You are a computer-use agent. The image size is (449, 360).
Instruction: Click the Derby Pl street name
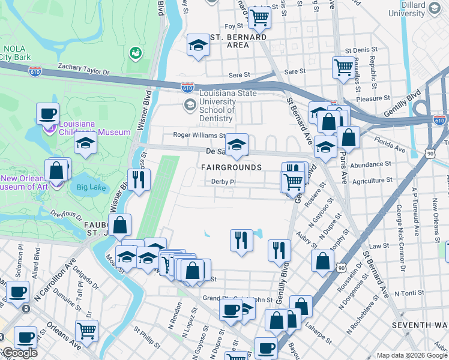pyautogui.click(x=222, y=182)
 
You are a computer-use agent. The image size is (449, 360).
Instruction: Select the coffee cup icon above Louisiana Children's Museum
pyautogui.click(x=47, y=113)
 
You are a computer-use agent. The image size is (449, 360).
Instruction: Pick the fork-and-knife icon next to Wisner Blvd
pyautogui.click(x=139, y=179)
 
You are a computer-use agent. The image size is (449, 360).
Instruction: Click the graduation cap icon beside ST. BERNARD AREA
pyautogui.click(x=197, y=46)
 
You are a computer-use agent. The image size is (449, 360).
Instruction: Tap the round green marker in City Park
pyautogui.click(x=135, y=53)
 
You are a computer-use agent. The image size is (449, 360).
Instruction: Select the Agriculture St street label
pyautogui.click(x=373, y=179)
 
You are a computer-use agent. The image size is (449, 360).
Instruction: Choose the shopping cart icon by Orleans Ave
pyautogui.click(x=86, y=330)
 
